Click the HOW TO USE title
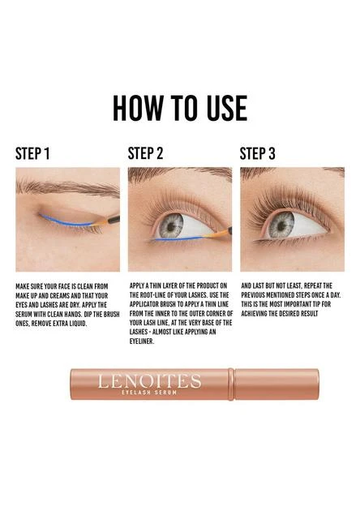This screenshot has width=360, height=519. pos(180,108)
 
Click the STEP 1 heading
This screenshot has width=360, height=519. pos(32,153)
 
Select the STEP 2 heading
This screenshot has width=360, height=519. pos(145,153)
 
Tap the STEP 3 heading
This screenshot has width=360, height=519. pos(257,153)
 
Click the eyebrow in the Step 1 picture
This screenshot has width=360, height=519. pos(66,187)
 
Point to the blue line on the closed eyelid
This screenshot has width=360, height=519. pos(66,222)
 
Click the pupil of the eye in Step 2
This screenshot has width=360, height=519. pos(171,227)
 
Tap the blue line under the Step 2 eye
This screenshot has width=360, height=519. pos(178,238)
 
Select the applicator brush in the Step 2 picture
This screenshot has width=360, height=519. pos(218,234)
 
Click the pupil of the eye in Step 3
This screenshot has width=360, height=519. pos(281,226)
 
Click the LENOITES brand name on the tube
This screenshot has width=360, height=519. pos(149,381)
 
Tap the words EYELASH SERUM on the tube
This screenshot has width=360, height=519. pos(149,392)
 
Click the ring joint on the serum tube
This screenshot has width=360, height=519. pos(231,384)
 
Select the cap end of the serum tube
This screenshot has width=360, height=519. pos(276,384)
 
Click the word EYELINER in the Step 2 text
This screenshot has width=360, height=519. pos(142,341)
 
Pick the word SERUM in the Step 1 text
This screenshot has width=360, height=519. pos(24,314)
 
